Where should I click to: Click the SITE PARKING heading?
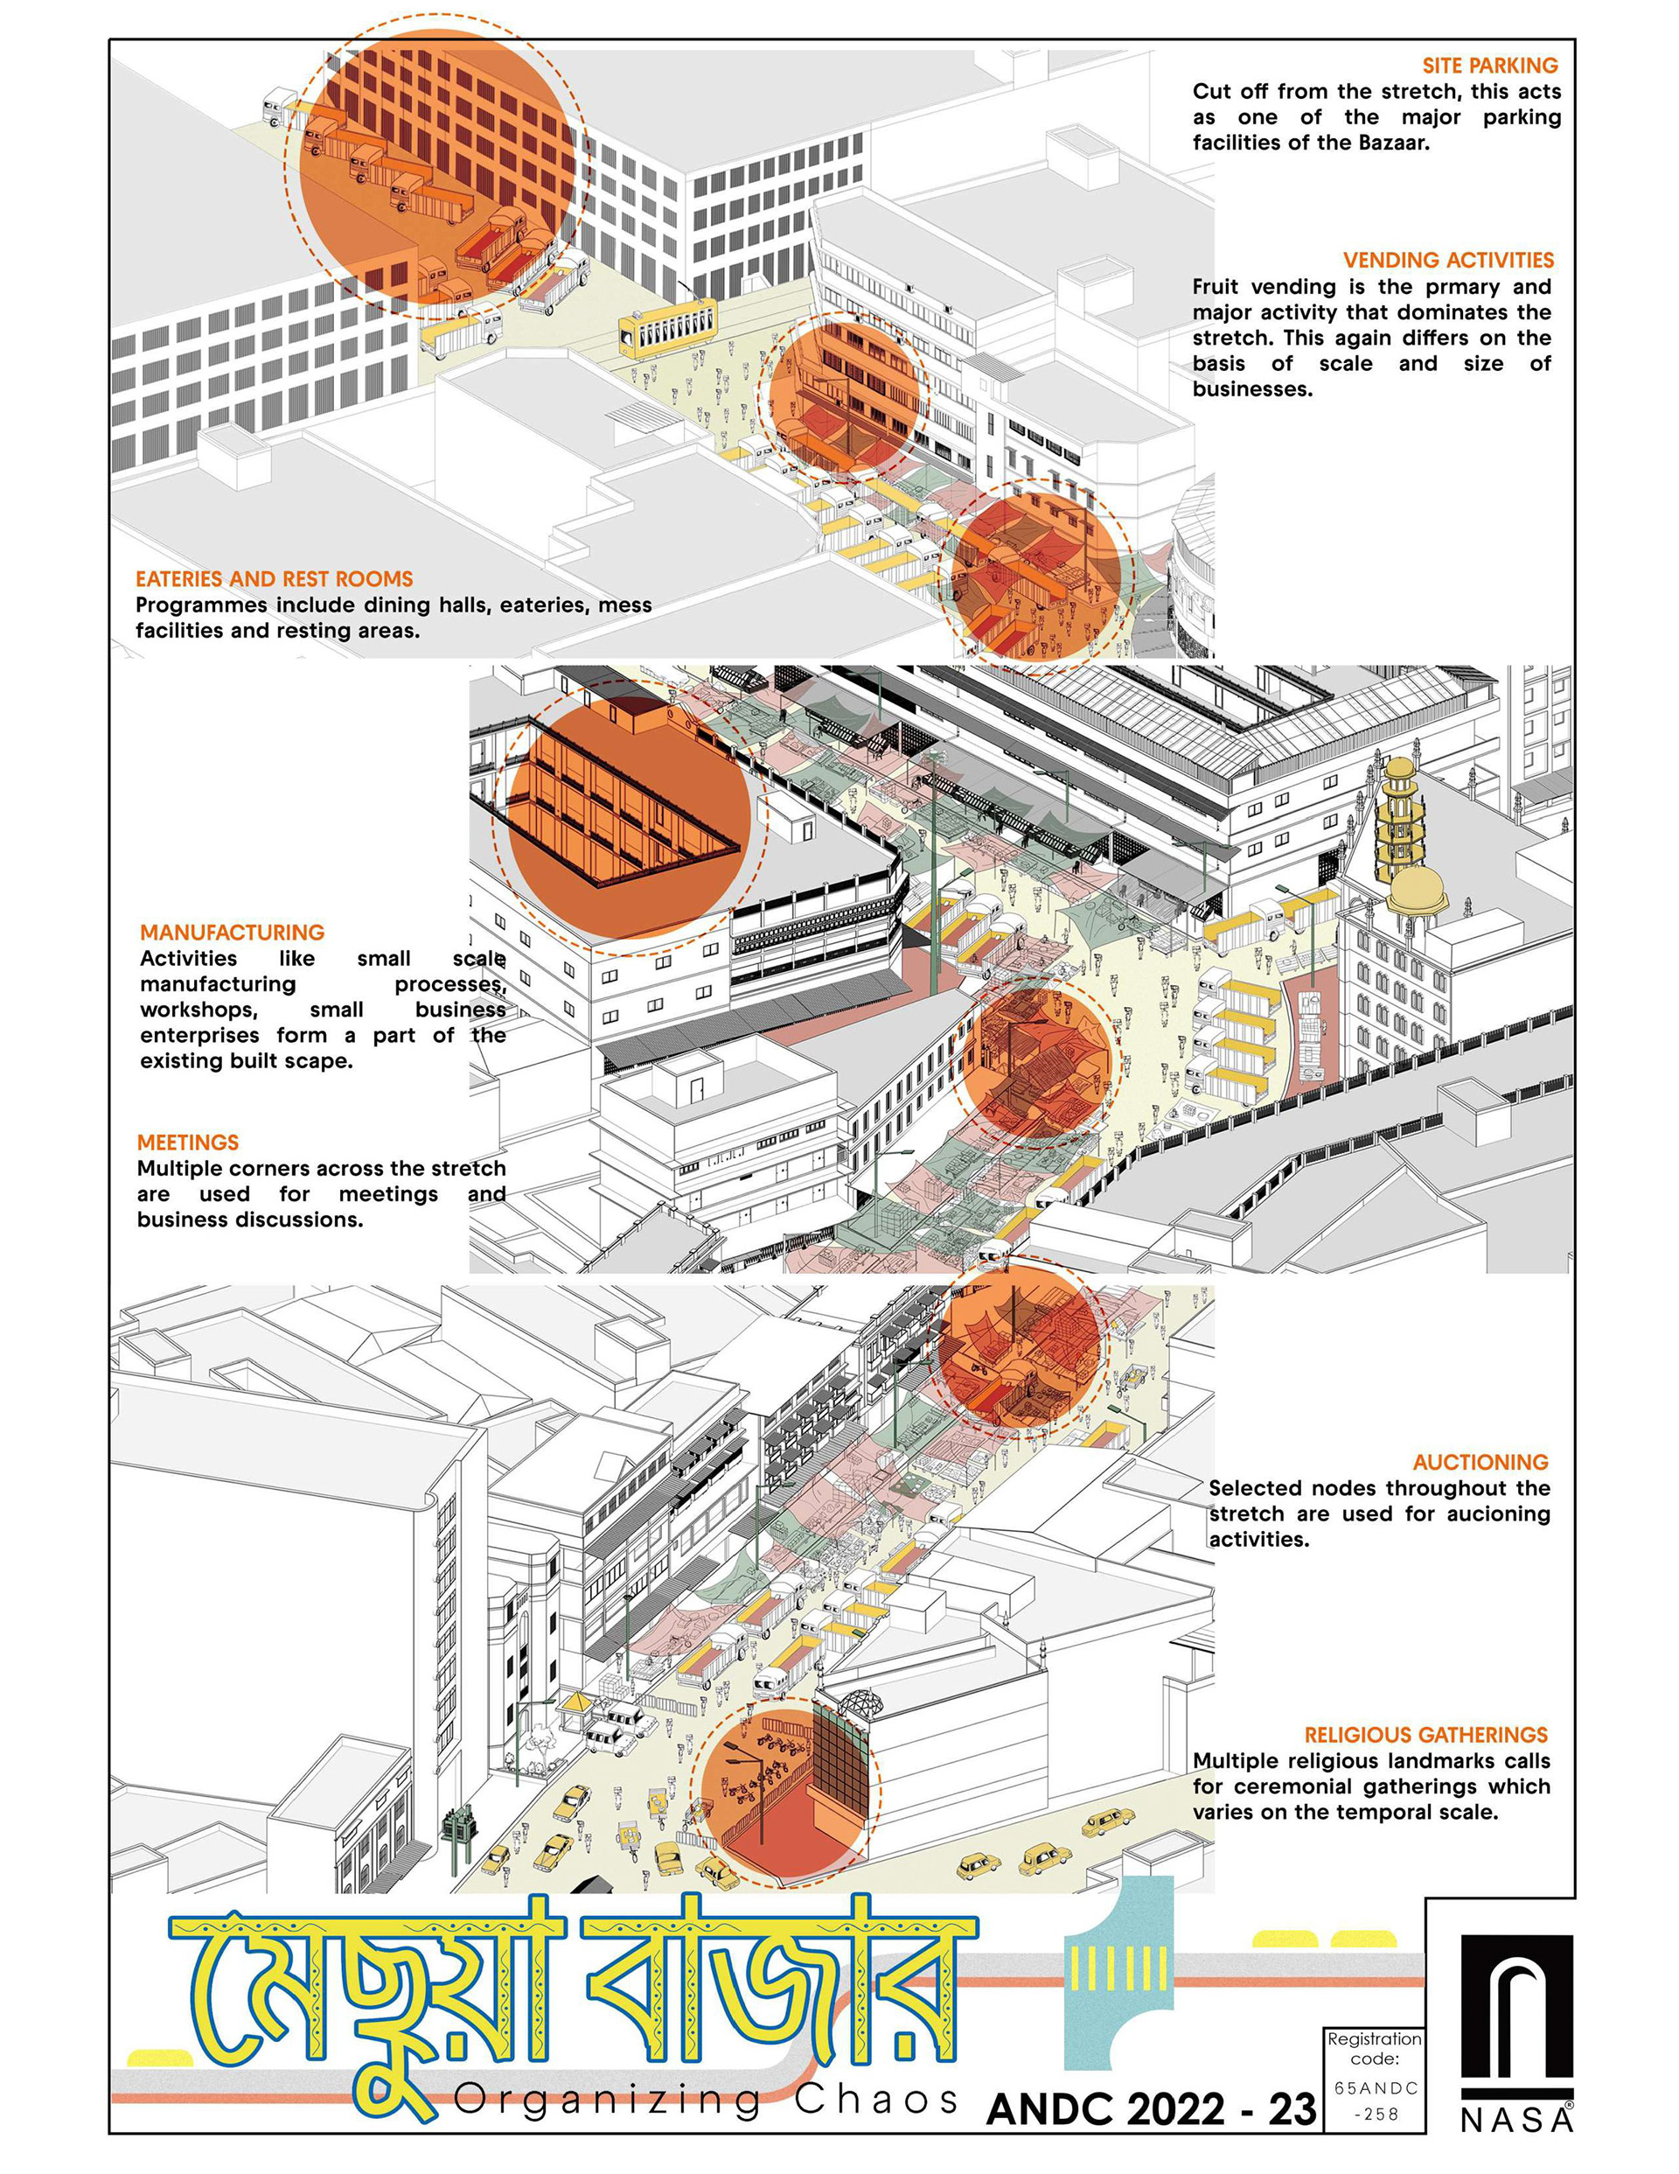pos(1490,66)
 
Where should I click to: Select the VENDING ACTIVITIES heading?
pos(1448,260)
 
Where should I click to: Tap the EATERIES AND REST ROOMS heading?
pos(274,579)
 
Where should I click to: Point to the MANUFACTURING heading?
pos(232,933)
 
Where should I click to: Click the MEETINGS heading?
pos(188,1143)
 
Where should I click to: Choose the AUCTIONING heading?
pos(1480,1462)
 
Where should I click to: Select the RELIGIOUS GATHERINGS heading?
pos(1426,1735)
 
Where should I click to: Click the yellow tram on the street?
pos(668,326)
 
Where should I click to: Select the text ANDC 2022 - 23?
pos(1152,2109)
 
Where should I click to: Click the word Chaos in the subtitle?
pos(876,2100)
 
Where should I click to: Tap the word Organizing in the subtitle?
pos(607,2101)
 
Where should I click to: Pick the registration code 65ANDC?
pos(1376,2088)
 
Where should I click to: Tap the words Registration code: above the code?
pos(1375,2049)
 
